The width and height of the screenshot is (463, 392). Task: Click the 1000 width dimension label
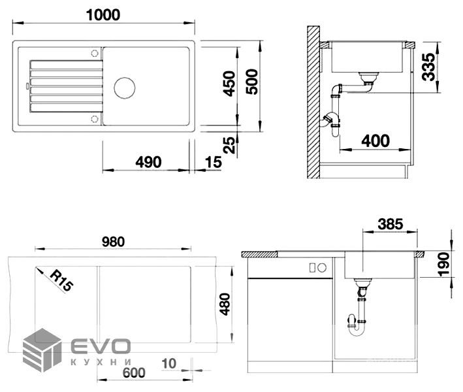click(103, 15)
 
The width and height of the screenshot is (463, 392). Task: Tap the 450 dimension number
click(229, 84)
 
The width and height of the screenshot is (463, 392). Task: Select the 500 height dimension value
click(252, 82)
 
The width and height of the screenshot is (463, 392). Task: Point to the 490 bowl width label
click(148, 162)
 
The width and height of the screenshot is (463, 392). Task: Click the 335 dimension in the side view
click(428, 67)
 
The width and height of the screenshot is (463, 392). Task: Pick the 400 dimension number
click(375, 140)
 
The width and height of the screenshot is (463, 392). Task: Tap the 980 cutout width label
click(114, 242)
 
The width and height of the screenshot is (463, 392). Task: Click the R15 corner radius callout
click(62, 281)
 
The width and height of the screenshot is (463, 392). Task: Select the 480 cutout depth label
click(225, 304)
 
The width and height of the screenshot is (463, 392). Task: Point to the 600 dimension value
click(134, 372)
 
